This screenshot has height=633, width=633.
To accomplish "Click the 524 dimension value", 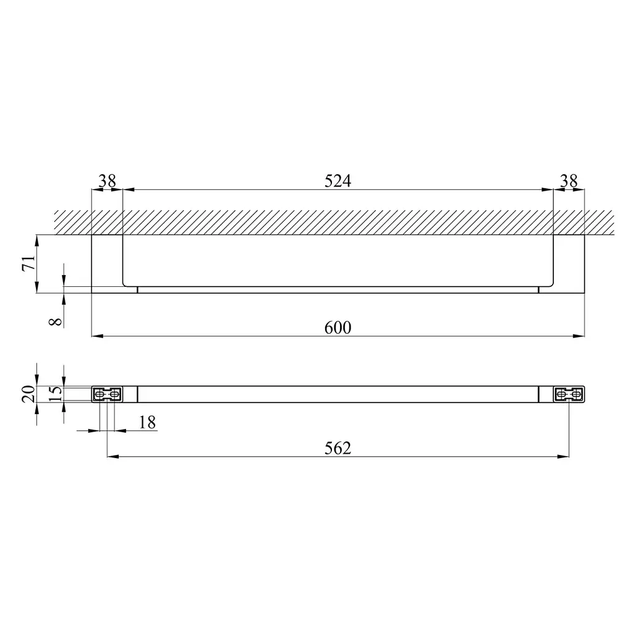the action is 338,181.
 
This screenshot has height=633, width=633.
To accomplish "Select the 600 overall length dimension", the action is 338,328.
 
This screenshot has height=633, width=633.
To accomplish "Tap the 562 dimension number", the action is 338,448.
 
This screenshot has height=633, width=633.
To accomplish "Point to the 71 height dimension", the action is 28,263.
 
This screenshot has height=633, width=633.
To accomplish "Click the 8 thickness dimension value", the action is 56,321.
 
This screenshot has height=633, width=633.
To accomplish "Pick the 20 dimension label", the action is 28,394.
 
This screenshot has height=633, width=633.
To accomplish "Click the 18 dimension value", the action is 147,423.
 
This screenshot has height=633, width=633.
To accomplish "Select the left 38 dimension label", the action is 107,181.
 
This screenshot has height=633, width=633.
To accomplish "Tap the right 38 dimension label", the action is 569,181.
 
